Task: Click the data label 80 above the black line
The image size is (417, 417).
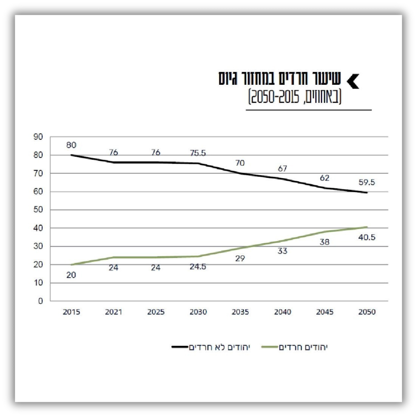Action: [71, 145]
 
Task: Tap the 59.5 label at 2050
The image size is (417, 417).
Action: [367, 183]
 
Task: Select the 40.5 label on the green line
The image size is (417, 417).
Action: [367, 237]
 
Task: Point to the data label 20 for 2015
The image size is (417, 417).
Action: [71, 275]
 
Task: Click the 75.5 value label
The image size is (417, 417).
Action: [198, 153]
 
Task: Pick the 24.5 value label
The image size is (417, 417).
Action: [198, 267]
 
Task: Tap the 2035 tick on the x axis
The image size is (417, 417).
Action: [240, 312]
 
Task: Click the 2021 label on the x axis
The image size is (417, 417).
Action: [113, 312]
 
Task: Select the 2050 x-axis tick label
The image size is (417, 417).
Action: [367, 312]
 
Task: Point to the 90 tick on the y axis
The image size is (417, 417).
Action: [38, 137]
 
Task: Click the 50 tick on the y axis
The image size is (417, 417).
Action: [38, 210]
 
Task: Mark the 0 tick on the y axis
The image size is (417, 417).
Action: [40, 301]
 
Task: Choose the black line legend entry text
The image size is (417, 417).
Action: [219, 347]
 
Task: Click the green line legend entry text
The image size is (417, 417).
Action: [303, 347]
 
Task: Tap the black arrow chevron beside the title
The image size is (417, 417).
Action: [353, 81]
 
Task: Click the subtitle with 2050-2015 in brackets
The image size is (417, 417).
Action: [295, 97]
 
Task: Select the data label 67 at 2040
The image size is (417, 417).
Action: [282, 169]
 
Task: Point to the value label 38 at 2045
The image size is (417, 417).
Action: [324, 242]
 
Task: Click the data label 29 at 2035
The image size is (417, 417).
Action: [240, 258]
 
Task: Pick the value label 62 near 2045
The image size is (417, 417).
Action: [324, 178]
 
